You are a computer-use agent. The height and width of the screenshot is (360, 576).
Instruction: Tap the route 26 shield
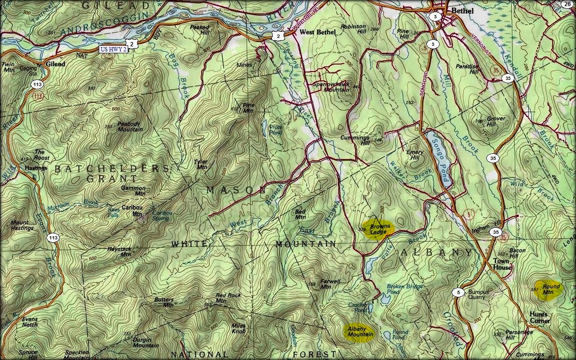(567, 4)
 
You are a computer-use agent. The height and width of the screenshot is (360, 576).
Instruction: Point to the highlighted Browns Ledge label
(379, 229)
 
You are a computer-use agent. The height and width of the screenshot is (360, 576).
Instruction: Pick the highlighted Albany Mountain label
(360, 331)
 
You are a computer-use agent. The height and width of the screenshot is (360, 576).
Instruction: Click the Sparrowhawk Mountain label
(330, 86)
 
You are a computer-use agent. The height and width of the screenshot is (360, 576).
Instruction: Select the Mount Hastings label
(22, 225)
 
